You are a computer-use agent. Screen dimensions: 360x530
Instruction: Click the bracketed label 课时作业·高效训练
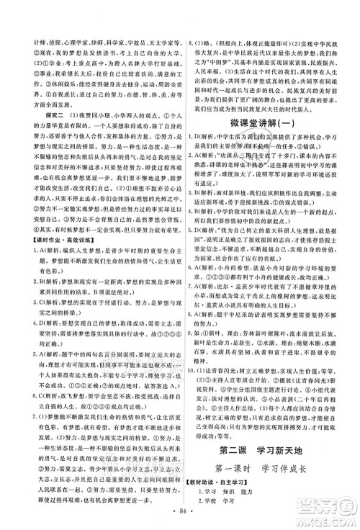(x=50, y=259)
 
